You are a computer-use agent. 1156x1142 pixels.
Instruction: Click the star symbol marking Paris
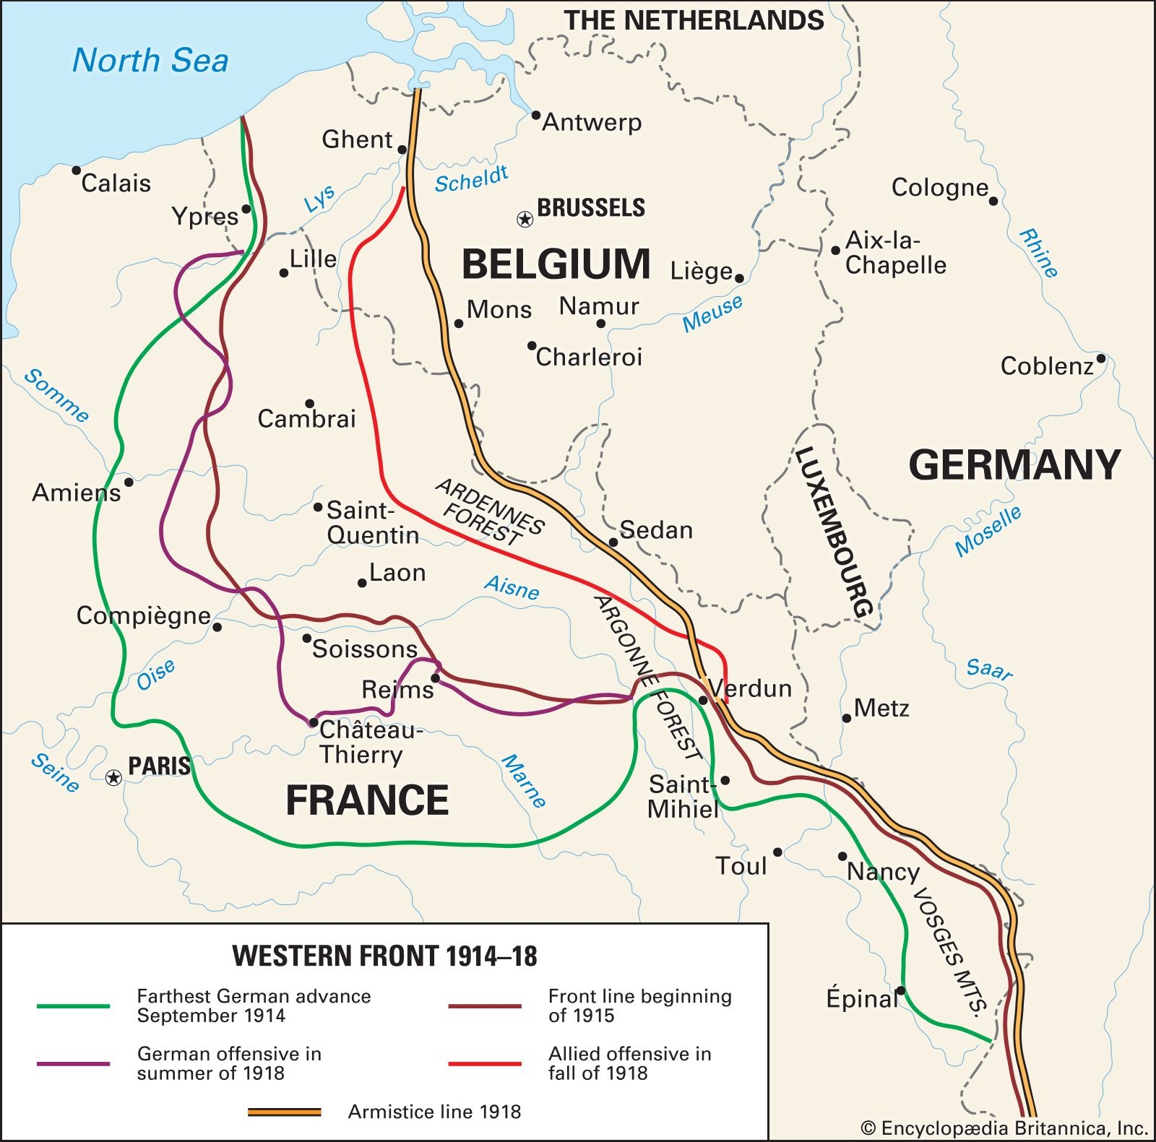click(113, 777)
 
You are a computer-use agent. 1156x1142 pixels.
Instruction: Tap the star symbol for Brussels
click(525, 218)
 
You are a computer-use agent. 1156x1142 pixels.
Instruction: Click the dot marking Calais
click(77, 170)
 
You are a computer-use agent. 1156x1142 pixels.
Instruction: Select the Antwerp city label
click(592, 122)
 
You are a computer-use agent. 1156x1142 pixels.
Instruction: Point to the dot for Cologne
click(993, 201)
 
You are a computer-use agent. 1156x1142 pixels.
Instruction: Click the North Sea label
click(150, 60)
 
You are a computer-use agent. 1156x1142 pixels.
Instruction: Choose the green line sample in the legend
click(73, 1005)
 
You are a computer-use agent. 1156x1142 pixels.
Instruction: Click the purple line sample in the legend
click(73, 1063)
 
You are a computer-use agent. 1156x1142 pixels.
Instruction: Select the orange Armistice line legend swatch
click(285, 1112)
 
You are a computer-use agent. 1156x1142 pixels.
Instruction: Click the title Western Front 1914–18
click(384, 956)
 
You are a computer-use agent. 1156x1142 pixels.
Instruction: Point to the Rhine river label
click(1038, 253)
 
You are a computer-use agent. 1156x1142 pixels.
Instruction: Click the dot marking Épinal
click(901, 990)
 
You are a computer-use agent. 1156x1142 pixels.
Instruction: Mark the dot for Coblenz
click(1100, 358)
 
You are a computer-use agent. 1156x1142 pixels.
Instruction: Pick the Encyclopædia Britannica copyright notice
click(1004, 1128)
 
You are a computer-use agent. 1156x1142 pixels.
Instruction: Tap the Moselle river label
click(988, 532)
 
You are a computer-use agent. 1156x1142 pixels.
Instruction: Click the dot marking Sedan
click(613, 542)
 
